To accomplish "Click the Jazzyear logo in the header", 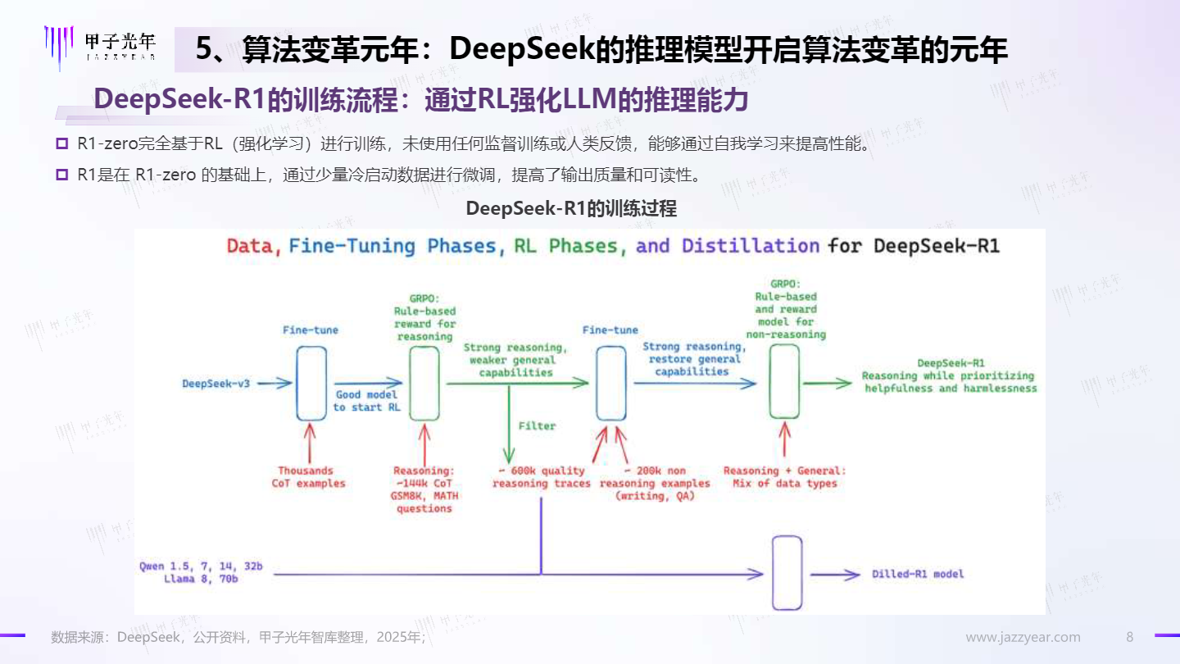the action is point(100,48).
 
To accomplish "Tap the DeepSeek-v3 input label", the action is point(216,384).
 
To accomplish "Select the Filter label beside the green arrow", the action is point(537,425).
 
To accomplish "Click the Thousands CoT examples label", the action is point(308,477).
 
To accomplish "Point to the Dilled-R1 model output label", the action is point(918,574).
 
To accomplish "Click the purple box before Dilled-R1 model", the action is point(787,573).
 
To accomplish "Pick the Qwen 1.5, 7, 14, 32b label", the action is point(201,566).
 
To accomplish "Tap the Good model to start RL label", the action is point(366,401).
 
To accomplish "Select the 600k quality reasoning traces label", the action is point(542,477).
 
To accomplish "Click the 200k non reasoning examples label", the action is point(655,484).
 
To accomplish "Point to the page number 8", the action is point(1129,637).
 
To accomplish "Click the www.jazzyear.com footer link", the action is point(1023,637).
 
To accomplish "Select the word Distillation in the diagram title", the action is point(751,246).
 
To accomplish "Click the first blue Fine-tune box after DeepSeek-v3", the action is point(311,383).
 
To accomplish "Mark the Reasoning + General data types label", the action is point(784,477).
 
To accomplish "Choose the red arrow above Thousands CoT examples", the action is point(310,443).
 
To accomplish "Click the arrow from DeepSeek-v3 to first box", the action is point(275,383).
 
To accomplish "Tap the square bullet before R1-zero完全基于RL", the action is point(62,143).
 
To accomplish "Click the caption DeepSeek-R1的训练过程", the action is point(571,209).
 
